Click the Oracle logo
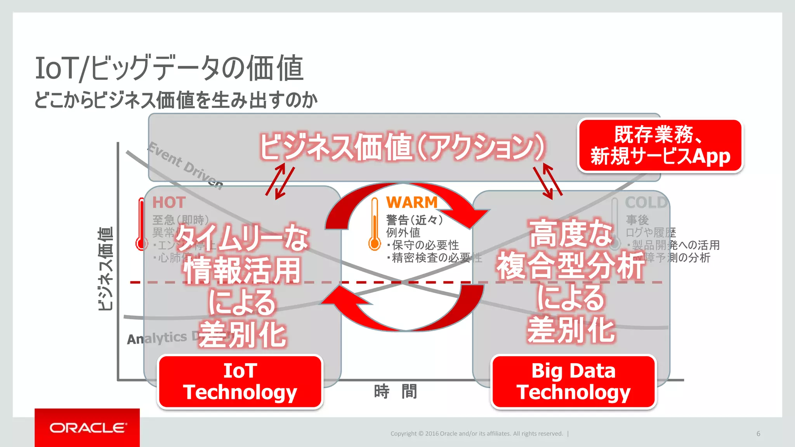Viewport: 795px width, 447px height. click(88, 428)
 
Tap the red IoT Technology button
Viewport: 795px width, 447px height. click(240, 382)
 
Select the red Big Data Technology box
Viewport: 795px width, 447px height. click(573, 382)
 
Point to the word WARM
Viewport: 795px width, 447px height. click(411, 203)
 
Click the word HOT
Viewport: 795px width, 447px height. click(169, 203)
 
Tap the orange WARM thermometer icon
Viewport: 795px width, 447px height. click(375, 225)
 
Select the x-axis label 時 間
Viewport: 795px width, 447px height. click(395, 392)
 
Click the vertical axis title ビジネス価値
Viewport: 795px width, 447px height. click(106, 269)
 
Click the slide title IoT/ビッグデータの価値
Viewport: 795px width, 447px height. click(169, 68)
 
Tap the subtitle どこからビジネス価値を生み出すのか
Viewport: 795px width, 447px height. click(176, 100)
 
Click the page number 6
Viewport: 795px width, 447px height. click(758, 434)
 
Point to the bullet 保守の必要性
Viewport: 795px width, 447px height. click(425, 245)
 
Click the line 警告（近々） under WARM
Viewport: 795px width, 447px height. click(415, 220)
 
